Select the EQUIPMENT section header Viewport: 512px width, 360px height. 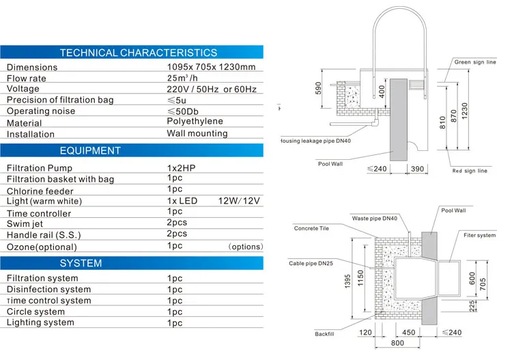pyautogui.click(x=90, y=150)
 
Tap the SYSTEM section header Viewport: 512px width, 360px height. pyautogui.click(x=81, y=263)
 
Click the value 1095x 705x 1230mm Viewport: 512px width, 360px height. pyautogui.click(x=211, y=67)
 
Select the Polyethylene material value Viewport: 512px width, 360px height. pyautogui.click(x=195, y=122)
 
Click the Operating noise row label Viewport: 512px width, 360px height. pyautogui.click(x=41, y=111)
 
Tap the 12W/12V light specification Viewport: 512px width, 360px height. pyautogui.click(x=240, y=201)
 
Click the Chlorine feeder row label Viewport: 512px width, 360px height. pyautogui.click(x=40, y=191)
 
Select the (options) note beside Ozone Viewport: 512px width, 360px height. pyautogui.click(x=245, y=247)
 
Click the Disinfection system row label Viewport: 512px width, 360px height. pyautogui.click(x=48, y=290)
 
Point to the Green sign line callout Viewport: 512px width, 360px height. pyautogui.click(x=475, y=62)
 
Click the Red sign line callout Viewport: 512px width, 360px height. pyautogui.click(x=470, y=171)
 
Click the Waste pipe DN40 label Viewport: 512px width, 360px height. pyautogui.click(x=374, y=219)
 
